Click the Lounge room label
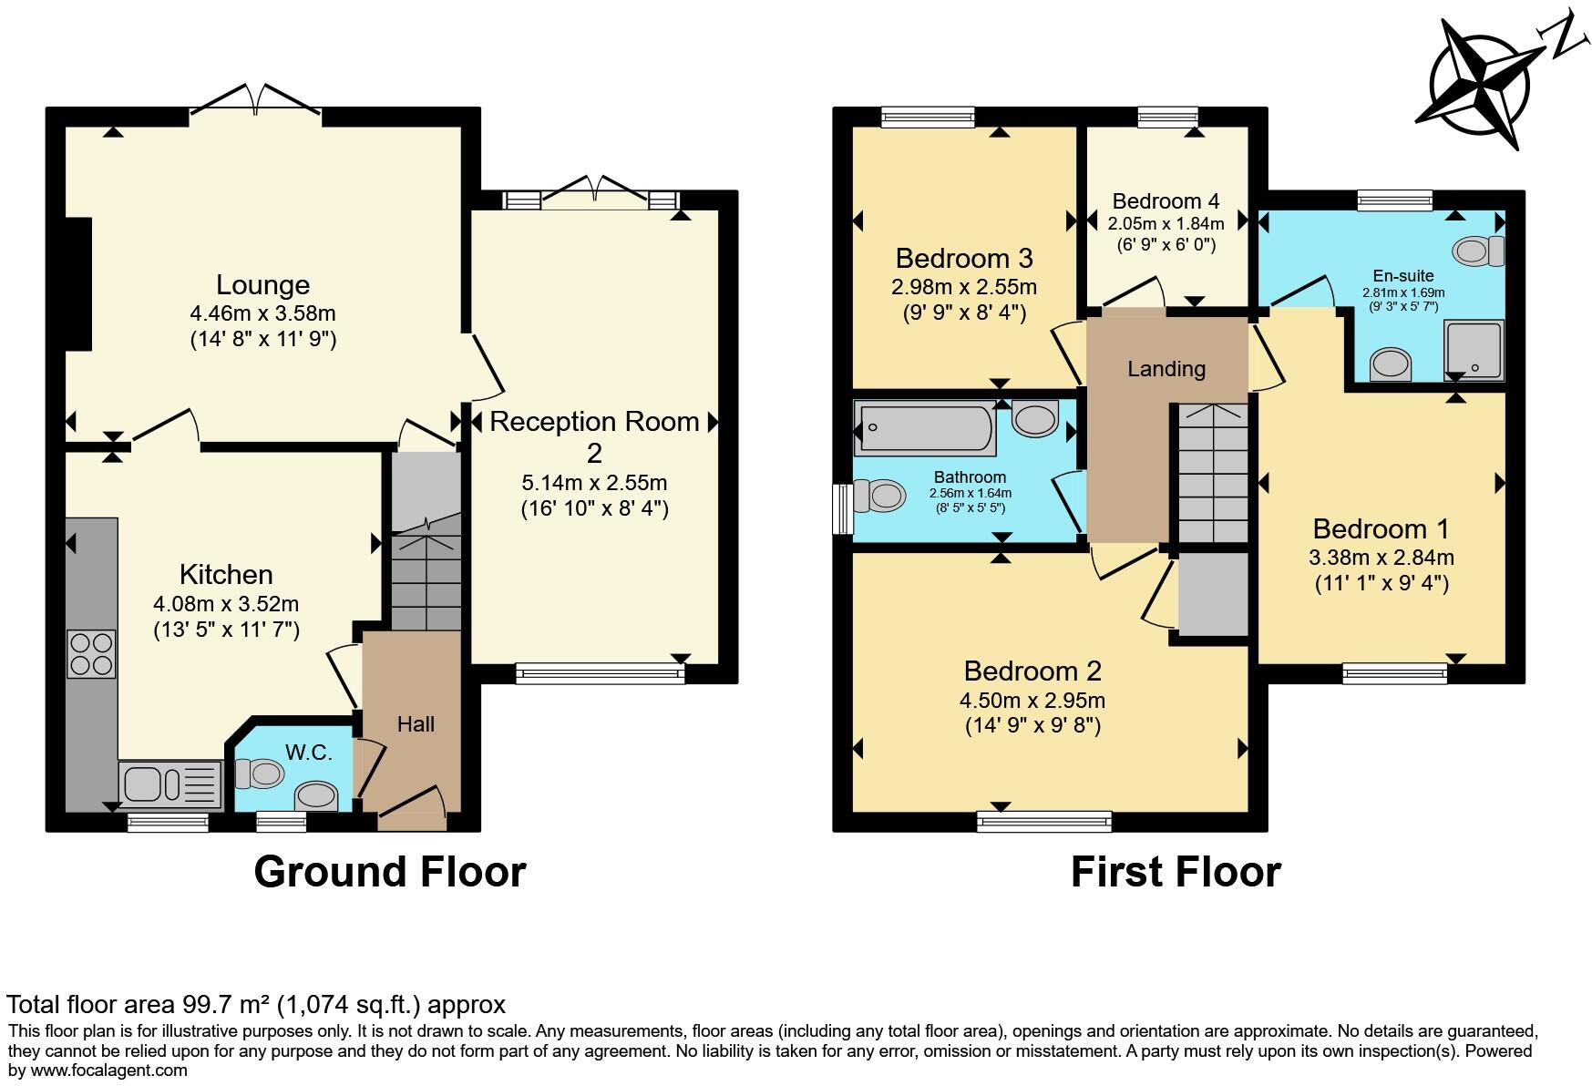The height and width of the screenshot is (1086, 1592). pos(262,285)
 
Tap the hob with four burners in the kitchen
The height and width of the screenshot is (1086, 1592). pos(91,654)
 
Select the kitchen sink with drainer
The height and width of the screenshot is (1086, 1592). pos(170,784)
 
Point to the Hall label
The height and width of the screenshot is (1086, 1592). pos(416,724)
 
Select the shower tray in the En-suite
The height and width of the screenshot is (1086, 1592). pos(1473,350)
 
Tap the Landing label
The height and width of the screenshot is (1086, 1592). pos(1166,369)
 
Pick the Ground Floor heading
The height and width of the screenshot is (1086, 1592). pos(390,871)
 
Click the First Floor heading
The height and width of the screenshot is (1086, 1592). pos(1176,871)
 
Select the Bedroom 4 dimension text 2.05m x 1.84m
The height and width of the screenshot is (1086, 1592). pos(1166,223)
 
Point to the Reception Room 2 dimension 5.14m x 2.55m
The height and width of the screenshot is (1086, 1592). pos(594,482)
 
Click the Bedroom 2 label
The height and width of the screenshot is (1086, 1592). pos(1032,671)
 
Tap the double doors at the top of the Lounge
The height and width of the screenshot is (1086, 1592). pos(256,99)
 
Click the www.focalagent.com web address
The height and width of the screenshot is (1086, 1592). pos(109,1071)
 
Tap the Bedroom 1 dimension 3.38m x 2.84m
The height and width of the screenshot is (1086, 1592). pos(1381,557)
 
